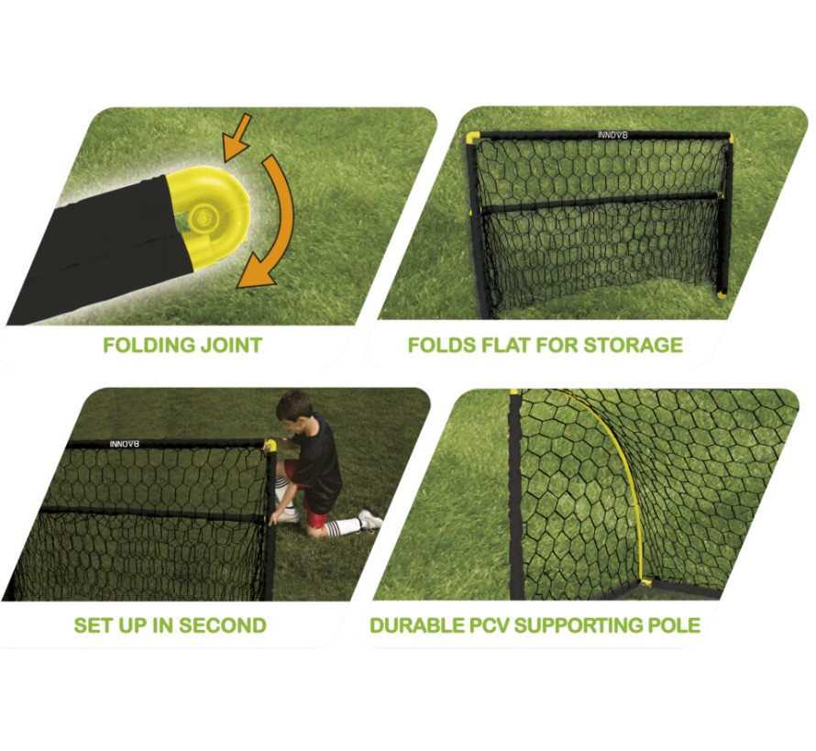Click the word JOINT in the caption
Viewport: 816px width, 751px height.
(230, 346)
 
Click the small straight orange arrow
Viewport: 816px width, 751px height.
(237, 138)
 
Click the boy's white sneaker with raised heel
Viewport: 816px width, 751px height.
(369, 519)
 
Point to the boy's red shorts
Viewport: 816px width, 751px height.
(314, 513)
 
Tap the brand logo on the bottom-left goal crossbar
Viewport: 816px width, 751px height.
(125, 444)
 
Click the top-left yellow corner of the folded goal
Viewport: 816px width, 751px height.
(472, 138)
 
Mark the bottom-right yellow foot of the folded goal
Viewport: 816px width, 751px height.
(722, 295)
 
